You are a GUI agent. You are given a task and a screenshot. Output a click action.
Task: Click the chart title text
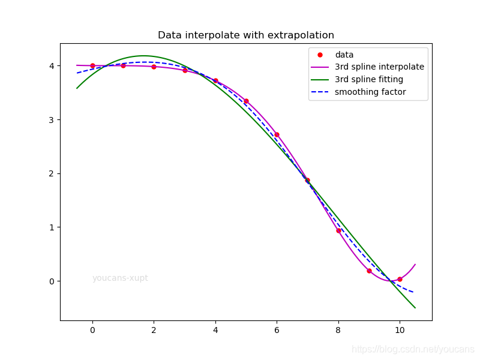coord(246,35)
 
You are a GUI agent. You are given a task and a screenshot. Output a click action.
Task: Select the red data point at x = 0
coord(93,66)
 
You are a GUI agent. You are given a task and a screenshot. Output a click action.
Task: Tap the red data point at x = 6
coord(277,134)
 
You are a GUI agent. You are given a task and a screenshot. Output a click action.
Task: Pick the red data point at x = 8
coord(338,231)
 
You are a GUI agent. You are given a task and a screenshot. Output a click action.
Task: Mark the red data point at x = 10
coord(400,279)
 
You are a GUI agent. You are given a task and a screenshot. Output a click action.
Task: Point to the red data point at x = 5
coord(246,101)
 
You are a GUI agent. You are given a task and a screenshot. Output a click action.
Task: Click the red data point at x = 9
coord(369,271)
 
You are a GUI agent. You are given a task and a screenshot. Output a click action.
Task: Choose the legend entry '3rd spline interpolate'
coord(367,67)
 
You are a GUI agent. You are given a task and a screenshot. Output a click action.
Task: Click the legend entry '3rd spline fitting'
coord(357,79)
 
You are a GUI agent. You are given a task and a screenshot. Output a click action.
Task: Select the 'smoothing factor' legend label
coord(370,92)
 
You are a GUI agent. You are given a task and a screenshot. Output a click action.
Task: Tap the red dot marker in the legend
coord(320,55)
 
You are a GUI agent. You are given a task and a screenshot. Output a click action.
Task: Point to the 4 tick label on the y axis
coord(52,66)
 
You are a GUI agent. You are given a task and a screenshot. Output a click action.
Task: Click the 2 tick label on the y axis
coord(52,173)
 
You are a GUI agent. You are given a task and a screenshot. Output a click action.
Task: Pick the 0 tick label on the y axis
coord(52,281)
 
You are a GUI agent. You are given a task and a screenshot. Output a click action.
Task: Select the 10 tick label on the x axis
coord(400,330)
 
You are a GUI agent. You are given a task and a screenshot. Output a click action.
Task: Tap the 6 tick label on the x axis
coord(277,330)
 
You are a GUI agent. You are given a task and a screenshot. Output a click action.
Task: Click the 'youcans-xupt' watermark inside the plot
coord(120,278)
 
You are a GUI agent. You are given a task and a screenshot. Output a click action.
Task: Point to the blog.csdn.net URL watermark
coord(413,349)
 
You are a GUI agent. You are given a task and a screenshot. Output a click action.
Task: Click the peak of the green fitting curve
coord(143,56)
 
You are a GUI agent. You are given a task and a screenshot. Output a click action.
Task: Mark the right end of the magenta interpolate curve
coord(415,264)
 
